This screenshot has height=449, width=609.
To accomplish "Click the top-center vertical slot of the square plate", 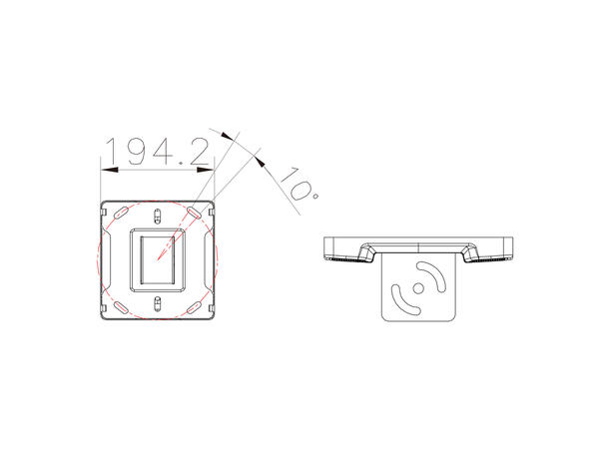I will click(x=158, y=215).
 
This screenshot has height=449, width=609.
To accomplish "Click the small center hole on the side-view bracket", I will click(x=420, y=285).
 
